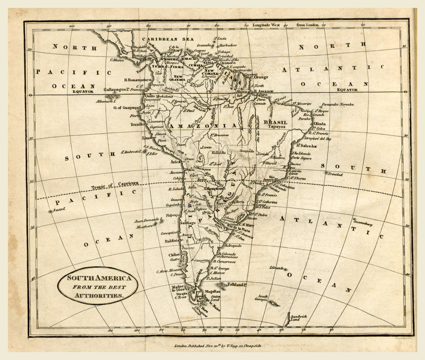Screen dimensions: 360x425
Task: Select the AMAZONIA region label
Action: [202, 125]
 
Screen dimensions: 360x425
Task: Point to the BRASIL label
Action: [275, 122]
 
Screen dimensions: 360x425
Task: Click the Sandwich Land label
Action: [299, 318]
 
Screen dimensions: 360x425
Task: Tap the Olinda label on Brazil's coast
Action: [320, 124]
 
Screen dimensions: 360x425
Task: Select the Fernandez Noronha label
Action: [337, 105]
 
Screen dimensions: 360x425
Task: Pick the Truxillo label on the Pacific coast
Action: [137, 124]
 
